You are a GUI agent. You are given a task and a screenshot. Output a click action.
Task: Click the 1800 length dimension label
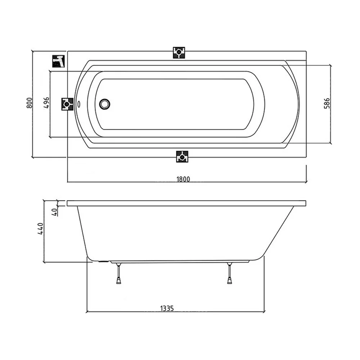coord(183,179)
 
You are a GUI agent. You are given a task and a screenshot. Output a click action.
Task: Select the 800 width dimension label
coord(30,103)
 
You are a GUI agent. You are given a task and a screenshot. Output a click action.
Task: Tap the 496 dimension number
coord(46,103)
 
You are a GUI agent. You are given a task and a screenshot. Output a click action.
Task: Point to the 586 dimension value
coord(327,103)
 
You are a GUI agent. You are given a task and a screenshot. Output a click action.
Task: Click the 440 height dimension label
coord(40,229)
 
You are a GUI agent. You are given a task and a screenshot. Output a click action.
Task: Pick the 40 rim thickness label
coord(55,212)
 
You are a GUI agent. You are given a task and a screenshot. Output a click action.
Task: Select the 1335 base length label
coord(167,309)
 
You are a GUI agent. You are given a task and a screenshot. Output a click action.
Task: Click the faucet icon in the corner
coord(58,61)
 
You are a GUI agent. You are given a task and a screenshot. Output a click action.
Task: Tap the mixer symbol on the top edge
coord(179,53)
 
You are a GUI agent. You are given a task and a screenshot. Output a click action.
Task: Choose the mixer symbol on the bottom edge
coord(182,157)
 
